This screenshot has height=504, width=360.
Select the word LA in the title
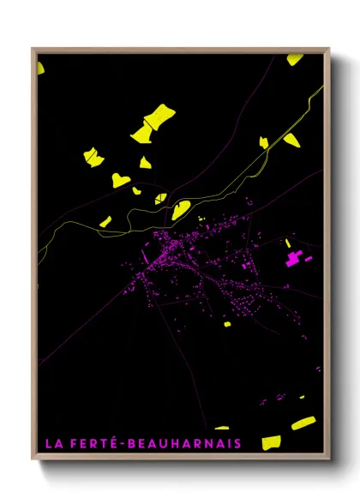53,443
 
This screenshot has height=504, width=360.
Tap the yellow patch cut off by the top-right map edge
295,59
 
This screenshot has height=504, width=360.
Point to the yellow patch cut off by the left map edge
39,67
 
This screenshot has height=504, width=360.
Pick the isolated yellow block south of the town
227,325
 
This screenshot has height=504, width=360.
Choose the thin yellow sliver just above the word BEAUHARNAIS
222,428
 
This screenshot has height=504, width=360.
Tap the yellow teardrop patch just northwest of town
180,209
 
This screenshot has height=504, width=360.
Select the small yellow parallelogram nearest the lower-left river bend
105,222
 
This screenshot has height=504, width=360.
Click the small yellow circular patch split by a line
160,198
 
